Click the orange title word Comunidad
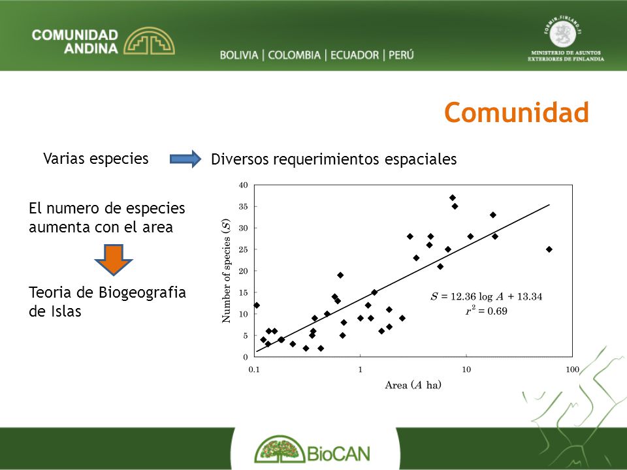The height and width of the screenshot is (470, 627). [x=516, y=112]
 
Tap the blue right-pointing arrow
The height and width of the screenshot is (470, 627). [x=185, y=159]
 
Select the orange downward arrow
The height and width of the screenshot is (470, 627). [x=114, y=260]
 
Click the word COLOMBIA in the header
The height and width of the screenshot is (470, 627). [x=295, y=55]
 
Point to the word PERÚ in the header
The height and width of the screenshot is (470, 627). [x=401, y=54]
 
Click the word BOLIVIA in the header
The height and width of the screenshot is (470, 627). [x=239, y=55]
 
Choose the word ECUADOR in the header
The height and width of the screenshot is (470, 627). [x=355, y=55]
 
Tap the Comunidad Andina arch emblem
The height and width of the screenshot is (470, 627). [x=149, y=40]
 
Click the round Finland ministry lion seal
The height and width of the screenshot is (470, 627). [x=562, y=33]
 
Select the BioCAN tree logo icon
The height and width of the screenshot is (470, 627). [x=280, y=449]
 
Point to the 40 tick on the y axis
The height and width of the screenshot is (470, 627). [x=243, y=185]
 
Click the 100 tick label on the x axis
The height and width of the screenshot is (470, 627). [x=572, y=369]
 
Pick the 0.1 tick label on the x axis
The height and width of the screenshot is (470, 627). [x=254, y=369]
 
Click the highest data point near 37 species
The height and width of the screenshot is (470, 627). [x=452, y=198]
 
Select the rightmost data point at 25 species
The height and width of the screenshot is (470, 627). [x=549, y=249]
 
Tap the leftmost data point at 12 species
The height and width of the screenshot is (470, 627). [x=257, y=305]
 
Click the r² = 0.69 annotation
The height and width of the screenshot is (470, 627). [x=486, y=311]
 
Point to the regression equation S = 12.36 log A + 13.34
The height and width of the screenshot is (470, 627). [x=486, y=296]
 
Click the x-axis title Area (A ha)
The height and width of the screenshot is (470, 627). [x=413, y=385]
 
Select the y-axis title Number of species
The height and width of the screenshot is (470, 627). [x=227, y=271]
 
